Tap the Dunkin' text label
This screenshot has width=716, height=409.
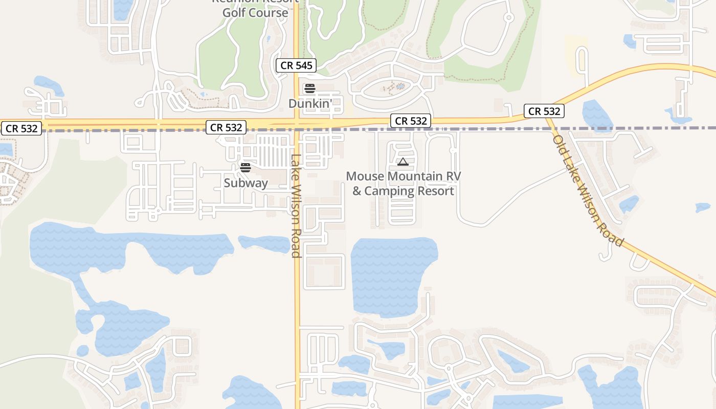point(310,103)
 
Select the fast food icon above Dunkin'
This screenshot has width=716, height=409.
point(309,88)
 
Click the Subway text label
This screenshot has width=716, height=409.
point(245,183)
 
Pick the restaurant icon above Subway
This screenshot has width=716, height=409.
point(245,168)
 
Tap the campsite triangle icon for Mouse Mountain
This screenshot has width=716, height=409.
point(402,163)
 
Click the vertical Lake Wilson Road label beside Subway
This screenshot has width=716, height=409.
point(296,206)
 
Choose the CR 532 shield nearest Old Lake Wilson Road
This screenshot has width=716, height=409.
point(544,111)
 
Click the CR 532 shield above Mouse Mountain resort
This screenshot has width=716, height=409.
point(411,121)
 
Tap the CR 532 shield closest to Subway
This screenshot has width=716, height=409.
point(226,127)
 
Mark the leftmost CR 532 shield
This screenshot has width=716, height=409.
point(21,128)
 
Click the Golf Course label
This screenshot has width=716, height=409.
point(255,13)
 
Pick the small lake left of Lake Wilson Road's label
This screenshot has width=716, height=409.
point(264,243)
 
